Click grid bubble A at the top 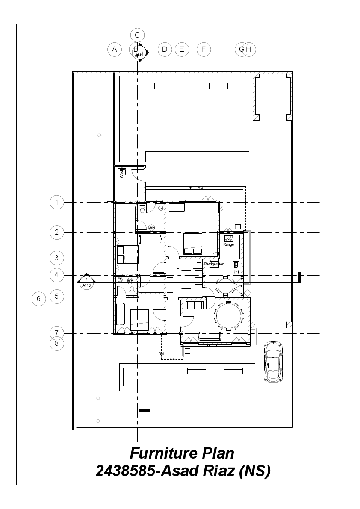click(114, 50)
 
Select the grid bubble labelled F click(204, 50)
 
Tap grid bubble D click(165, 50)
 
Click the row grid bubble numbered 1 click(57, 202)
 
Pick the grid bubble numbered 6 click(38, 299)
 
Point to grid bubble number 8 click(57, 343)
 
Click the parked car click(272, 361)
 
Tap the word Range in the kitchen click(228, 245)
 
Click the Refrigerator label click(214, 264)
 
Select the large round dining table click(229, 315)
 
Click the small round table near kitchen click(224, 284)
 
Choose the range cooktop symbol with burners click(228, 238)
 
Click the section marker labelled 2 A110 click(86, 281)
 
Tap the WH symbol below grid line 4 click(130, 280)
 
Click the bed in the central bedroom click(193, 244)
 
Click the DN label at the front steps click(161, 354)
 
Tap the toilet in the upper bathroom click(142, 208)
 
